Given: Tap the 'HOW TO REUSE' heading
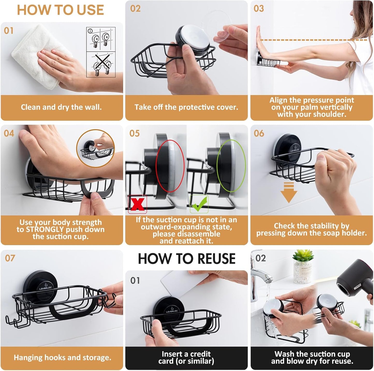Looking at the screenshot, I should click(186, 259).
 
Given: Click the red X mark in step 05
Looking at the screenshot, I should click(137, 204).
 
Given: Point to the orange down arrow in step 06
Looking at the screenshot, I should click(289, 192).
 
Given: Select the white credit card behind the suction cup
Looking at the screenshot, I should click(179, 284).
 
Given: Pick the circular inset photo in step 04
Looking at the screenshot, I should click(96, 148).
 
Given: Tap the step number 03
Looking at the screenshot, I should click(259, 9).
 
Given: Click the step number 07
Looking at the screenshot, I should click(10, 258).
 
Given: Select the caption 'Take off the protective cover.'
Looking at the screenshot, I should click(186, 107).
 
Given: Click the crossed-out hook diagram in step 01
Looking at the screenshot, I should click(101, 65).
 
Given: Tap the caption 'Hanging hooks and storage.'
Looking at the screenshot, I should click(62, 358).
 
